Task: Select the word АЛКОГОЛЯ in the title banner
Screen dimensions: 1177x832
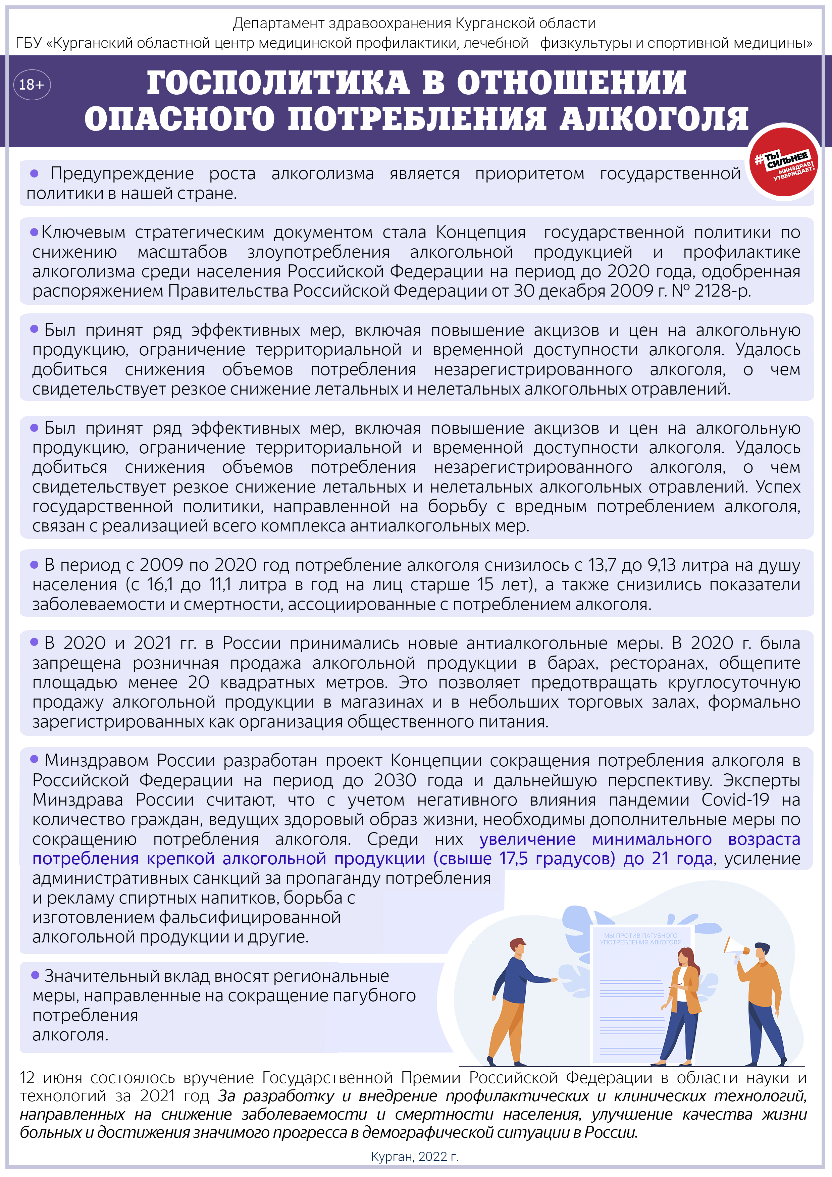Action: pos(654,119)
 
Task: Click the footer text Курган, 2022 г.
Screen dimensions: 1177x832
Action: pos(415,1157)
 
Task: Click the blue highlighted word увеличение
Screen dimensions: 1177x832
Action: pos(527,839)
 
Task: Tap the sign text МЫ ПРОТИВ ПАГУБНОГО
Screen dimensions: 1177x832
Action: pos(640,935)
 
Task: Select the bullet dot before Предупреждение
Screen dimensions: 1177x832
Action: pos(34,173)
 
